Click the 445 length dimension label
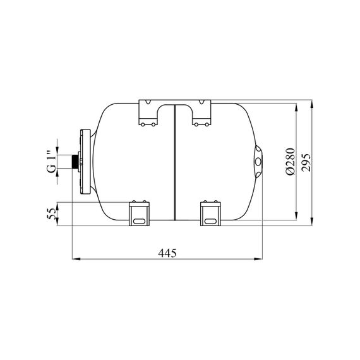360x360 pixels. (167, 253)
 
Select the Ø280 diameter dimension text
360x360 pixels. (291, 162)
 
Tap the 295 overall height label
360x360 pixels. (306, 162)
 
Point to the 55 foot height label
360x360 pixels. (52, 214)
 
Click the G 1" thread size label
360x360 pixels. (52, 161)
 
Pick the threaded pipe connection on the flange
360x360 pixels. (75, 162)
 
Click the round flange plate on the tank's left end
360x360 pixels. (85, 162)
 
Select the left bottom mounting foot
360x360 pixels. (139, 213)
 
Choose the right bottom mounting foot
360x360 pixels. (210, 213)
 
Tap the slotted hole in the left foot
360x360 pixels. (139, 221)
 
